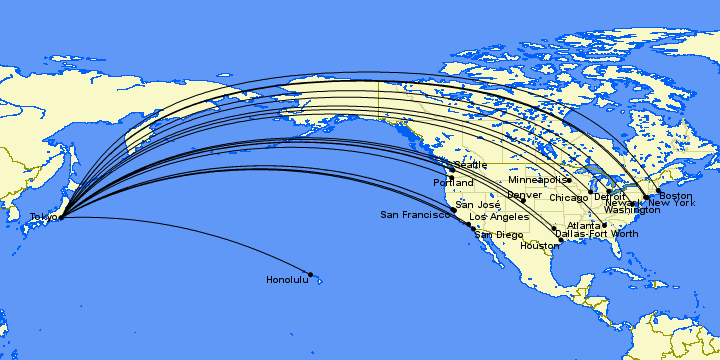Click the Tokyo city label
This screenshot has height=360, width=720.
click(x=43, y=217)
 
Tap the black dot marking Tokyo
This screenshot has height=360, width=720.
click(x=61, y=216)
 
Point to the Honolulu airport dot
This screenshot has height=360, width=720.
click(x=311, y=274)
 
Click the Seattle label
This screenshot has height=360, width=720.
click(x=471, y=165)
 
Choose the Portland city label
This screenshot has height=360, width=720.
click(x=453, y=183)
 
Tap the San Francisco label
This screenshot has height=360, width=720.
click(x=415, y=215)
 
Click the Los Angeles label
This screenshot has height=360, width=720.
click(x=498, y=217)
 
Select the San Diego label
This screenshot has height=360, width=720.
click(x=498, y=235)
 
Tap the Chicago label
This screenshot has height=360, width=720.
click(x=568, y=198)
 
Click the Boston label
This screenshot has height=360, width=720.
click(x=675, y=195)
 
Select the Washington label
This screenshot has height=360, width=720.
click(x=632, y=210)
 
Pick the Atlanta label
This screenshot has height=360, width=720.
click(x=584, y=225)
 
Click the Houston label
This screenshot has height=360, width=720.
click(x=538, y=246)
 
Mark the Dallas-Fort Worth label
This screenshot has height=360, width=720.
click(x=596, y=234)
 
